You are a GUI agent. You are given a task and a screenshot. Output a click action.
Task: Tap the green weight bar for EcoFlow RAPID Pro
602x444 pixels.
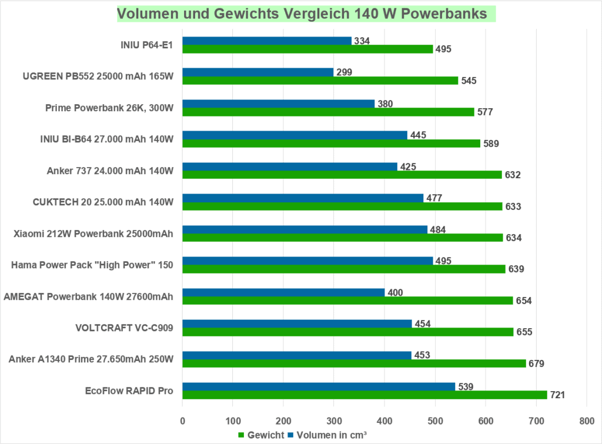[364, 395]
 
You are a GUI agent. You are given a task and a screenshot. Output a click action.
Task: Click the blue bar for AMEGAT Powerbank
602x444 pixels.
[283, 292]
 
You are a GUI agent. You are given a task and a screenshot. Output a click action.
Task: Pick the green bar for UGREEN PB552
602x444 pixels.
[320, 81]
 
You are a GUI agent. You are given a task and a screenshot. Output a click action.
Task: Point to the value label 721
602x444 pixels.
[557, 395]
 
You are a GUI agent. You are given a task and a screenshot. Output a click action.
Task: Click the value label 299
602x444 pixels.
[345, 72]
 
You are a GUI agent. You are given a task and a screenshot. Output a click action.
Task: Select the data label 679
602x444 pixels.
[536, 363]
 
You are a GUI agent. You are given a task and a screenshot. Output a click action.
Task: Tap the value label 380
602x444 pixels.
[384, 104]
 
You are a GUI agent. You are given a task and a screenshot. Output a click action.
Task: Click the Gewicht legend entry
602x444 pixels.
[259, 436]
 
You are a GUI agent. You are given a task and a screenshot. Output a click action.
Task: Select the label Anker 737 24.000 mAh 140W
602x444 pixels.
[110, 171]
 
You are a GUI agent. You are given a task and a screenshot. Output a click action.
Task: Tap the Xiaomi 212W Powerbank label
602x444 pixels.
[93, 233]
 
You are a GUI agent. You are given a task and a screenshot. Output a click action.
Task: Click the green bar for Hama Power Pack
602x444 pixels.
[343, 269]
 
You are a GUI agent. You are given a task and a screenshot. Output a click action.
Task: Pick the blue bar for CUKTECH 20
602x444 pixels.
[302, 198]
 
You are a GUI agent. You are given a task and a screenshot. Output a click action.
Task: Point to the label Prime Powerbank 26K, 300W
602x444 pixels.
[109, 108]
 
